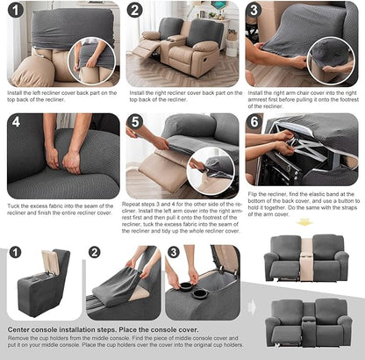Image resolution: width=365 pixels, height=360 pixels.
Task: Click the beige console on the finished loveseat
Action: click(x=309, y=260)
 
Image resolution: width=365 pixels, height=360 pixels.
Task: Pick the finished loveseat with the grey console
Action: click(x=308, y=320)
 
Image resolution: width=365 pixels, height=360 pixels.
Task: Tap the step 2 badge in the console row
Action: click(x=94, y=253)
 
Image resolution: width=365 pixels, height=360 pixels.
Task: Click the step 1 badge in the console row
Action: click(x=15, y=253)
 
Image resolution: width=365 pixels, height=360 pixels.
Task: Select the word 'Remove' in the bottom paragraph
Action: click(x=18, y=338)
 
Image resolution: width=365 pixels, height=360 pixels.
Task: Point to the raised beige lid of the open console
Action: click(x=50, y=261)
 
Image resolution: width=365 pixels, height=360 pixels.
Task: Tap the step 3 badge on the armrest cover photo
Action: click(x=254, y=11)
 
